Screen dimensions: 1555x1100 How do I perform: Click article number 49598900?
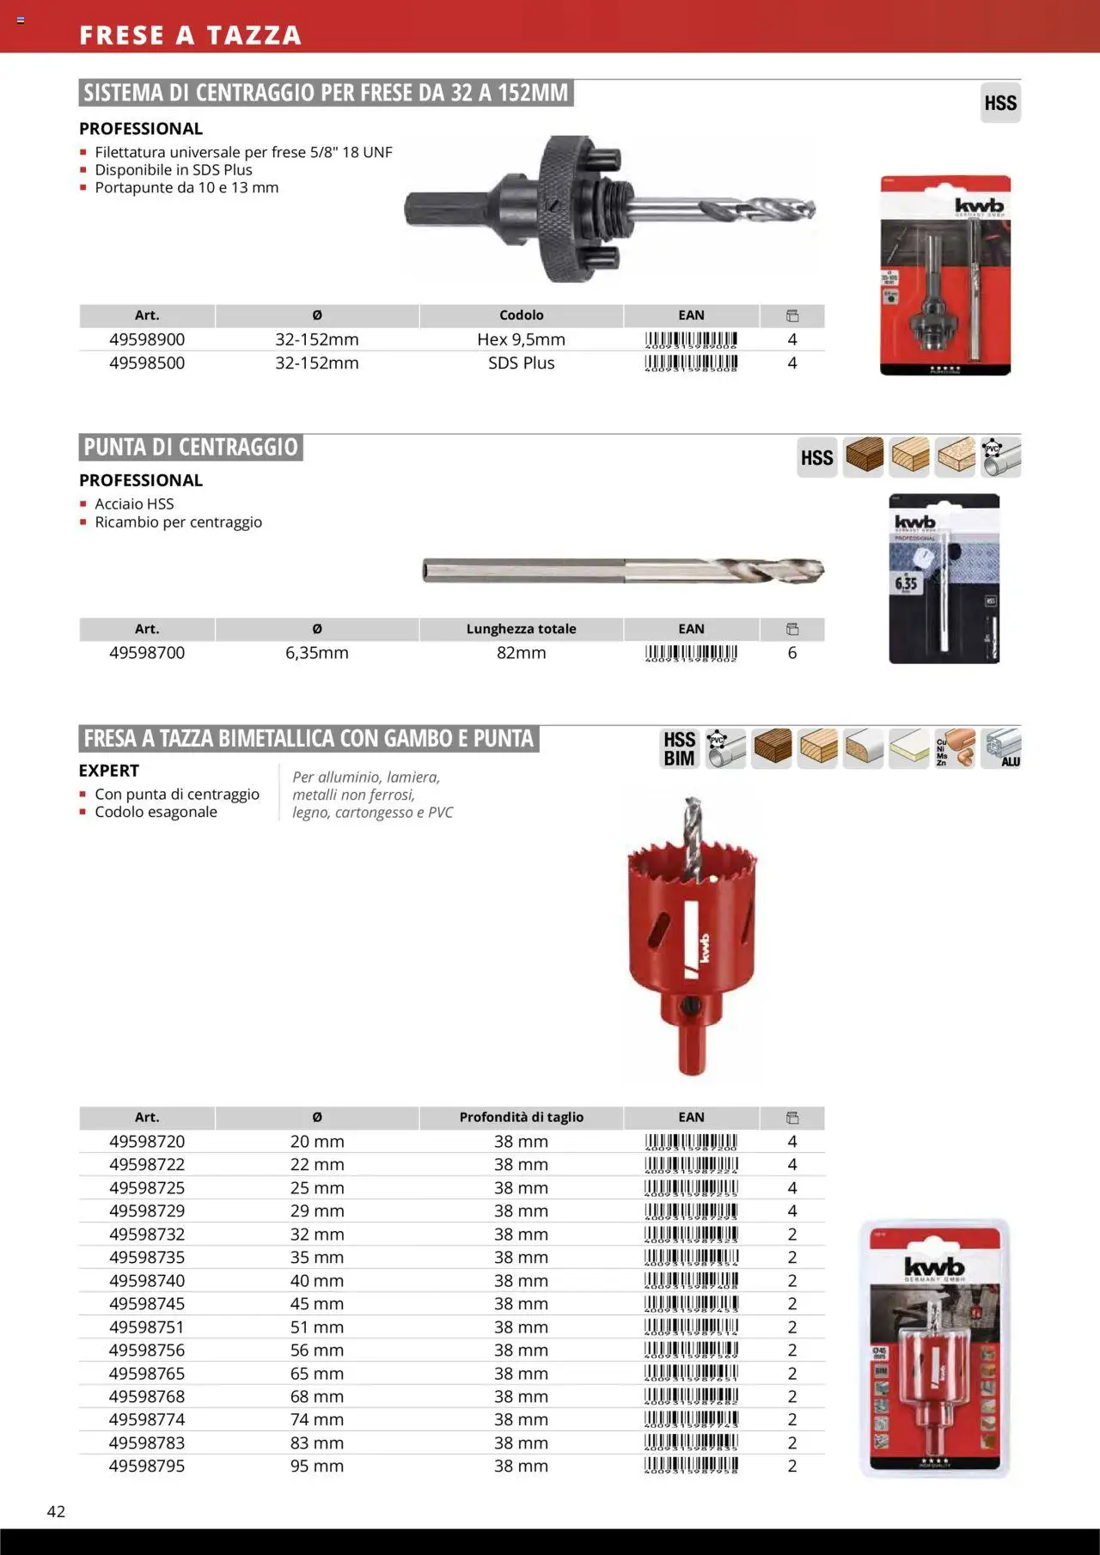click(x=147, y=339)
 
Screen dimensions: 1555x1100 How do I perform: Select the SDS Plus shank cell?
click(x=521, y=363)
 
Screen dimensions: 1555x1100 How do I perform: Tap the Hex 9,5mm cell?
click(x=521, y=339)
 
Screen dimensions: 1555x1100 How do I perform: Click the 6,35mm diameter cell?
click(x=317, y=653)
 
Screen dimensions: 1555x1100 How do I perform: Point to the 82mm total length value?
click(x=521, y=653)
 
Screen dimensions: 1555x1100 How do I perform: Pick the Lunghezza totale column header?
click(x=521, y=629)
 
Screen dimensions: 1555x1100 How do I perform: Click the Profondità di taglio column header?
click(x=521, y=1117)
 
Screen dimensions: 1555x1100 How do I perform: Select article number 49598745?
click(x=147, y=1303)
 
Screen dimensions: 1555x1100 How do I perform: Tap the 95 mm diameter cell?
click(x=317, y=1466)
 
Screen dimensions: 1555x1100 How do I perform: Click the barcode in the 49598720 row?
click(x=691, y=1142)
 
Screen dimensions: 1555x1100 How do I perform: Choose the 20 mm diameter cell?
click(x=317, y=1141)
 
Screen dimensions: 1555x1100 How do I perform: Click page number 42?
click(x=56, y=1511)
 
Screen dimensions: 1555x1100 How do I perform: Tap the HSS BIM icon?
click(x=679, y=748)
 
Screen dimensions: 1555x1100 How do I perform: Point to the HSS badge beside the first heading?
click(x=1000, y=103)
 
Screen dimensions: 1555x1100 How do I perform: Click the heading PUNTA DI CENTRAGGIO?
click(x=191, y=448)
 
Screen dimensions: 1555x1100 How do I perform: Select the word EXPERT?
click(x=109, y=771)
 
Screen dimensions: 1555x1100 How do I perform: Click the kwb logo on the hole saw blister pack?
click(x=934, y=1266)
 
